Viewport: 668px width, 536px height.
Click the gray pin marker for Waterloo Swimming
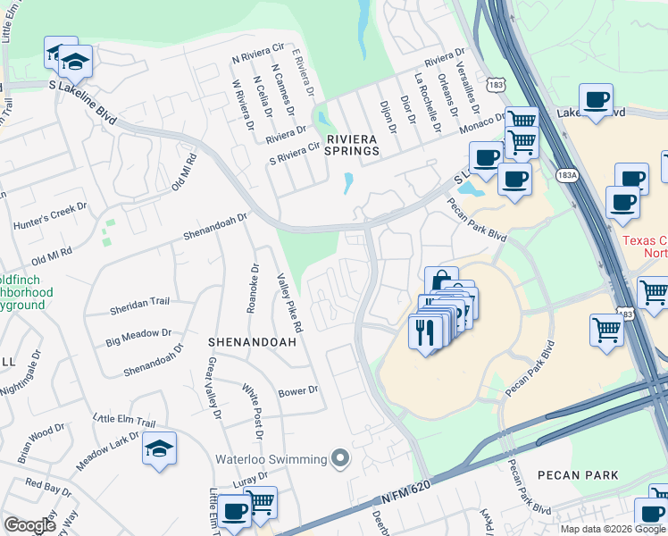click(x=339, y=459)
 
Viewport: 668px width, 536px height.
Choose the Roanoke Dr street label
click(x=253, y=287)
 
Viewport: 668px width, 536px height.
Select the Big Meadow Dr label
click(x=138, y=337)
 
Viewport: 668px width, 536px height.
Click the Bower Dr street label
click(x=298, y=390)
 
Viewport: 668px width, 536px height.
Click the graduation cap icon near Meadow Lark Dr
click(x=159, y=448)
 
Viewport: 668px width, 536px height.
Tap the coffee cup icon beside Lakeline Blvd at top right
click(x=596, y=99)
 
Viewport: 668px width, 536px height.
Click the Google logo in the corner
click(x=29, y=525)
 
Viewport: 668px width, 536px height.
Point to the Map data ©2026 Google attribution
click(x=614, y=529)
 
